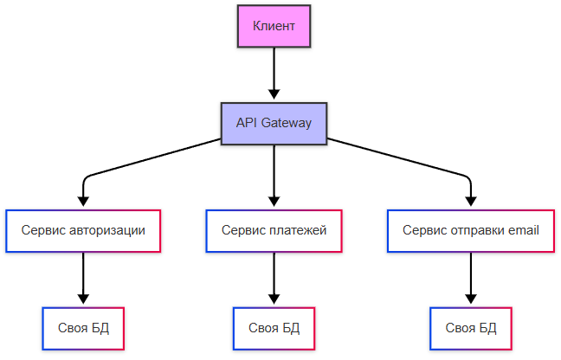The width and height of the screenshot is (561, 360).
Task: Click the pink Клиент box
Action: pos(274,26)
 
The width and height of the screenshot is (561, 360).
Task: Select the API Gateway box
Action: pos(274,124)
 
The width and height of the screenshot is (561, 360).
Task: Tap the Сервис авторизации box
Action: pos(83,231)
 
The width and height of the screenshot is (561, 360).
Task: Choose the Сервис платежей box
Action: pos(274,231)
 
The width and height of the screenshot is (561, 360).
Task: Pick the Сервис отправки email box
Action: pos(471,231)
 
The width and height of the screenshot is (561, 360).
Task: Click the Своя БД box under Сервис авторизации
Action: pos(83,328)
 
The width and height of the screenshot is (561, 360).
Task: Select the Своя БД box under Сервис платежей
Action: pos(274,328)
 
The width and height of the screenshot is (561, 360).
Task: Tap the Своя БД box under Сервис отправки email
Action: pos(471,328)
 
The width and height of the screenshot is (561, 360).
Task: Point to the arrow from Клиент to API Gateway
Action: pos(274,74)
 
